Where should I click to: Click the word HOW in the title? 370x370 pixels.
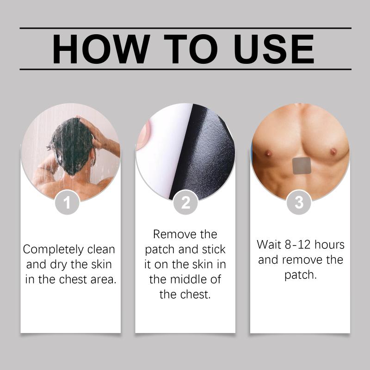click(101, 49)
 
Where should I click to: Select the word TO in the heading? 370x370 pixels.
click(191, 49)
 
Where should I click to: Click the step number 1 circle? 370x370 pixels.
click(67, 202)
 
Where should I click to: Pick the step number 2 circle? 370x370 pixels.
click(185, 202)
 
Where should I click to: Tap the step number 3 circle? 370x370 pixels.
click(299, 202)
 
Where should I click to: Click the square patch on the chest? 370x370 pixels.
click(302, 166)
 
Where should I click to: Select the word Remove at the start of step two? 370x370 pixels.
click(175, 234)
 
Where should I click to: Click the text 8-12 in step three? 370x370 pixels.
click(297, 245)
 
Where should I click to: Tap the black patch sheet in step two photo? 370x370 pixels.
click(203, 154)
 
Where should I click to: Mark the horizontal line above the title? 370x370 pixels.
click(185, 28)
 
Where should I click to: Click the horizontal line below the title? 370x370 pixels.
click(185, 69)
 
